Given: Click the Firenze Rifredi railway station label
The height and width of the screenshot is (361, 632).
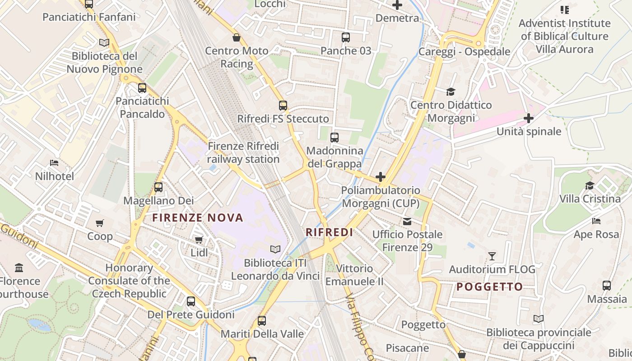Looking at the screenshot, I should coord(243,153).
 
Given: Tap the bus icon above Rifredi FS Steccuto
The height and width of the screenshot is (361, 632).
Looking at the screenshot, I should coord(283,106).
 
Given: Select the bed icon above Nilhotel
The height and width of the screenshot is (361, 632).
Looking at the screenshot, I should coord(54,163).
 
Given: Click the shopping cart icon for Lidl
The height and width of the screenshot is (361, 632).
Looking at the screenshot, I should coord(199,240).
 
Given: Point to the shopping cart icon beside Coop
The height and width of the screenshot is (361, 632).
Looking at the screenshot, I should coord(100,223).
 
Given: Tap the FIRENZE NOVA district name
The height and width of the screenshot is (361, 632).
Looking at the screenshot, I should coord(198,218).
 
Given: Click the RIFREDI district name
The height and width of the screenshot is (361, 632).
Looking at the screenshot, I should coord(329,232).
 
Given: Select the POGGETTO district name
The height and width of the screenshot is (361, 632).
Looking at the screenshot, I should coord(489,287).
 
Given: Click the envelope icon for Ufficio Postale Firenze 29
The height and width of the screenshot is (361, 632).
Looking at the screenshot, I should coord(407,221).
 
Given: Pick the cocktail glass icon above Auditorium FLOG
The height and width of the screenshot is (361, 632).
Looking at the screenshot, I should coord(492,256).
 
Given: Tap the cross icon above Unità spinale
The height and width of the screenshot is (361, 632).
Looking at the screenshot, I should coord(529,118).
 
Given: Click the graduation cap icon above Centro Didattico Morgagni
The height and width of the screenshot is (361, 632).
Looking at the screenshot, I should coord(451,92).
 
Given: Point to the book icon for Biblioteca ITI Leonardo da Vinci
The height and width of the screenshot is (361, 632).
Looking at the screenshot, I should coord(275,249).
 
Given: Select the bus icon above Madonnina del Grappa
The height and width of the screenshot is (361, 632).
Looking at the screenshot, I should coord(335,138).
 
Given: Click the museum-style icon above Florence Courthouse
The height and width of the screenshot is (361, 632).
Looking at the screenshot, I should coord(19,268).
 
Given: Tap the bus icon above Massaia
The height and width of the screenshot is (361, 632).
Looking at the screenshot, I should coord(607,286).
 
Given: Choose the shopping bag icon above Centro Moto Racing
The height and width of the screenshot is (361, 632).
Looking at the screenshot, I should coord(236,37).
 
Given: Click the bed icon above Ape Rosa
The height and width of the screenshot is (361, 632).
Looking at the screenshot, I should coord(596,221).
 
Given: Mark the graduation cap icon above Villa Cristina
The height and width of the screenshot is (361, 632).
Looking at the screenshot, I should coord(590,185).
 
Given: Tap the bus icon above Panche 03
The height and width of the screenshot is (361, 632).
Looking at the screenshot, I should coord(346,37).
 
